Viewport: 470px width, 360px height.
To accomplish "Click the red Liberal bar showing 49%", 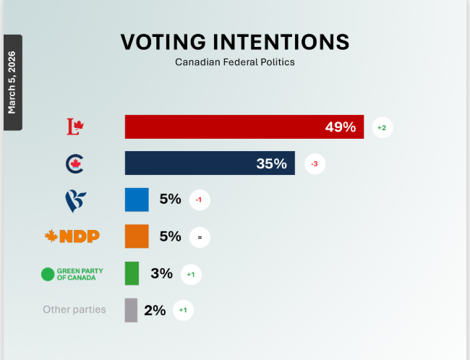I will (x=244, y=127).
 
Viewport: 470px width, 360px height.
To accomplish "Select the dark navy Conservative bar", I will (x=210, y=163).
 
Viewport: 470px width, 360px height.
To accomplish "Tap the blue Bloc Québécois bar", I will (x=137, y=200).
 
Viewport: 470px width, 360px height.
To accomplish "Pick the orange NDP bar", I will (x=137, y=236).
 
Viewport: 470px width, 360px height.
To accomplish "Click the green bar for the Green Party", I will (x=132, y=273).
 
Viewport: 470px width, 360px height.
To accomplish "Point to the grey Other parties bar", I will (x=131, y=310).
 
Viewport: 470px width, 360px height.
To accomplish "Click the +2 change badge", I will (x=382, y=128).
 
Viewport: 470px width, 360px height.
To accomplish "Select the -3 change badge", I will (x=314, y=164).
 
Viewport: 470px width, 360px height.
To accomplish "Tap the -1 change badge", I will (x=200, y=200).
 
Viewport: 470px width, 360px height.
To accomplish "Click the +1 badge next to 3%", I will (x=190, y=274).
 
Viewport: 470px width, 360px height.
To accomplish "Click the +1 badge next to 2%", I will (x=183, y=311).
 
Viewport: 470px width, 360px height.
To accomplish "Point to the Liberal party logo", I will (x=75, y=127).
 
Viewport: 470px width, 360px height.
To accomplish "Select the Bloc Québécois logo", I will (x=75, y=200).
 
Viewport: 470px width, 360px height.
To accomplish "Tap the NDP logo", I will (x=72, y=236).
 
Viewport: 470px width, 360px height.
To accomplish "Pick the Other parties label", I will (x=74, y=310).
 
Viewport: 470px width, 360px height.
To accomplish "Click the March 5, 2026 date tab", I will (x=12, y=82).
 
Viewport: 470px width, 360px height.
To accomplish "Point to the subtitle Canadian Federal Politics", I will (x=235, y=62).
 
